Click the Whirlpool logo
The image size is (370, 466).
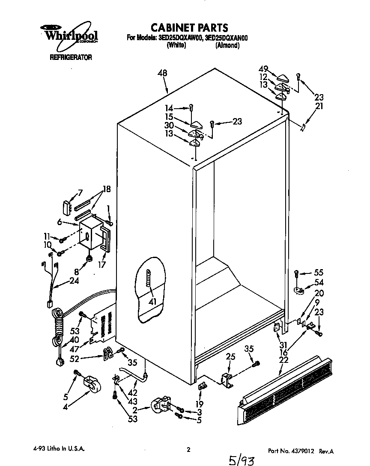[69, 35]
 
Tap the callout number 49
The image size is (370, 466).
[263, 69]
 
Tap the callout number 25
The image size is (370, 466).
[230, 356]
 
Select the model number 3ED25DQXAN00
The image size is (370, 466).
[227, 38]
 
